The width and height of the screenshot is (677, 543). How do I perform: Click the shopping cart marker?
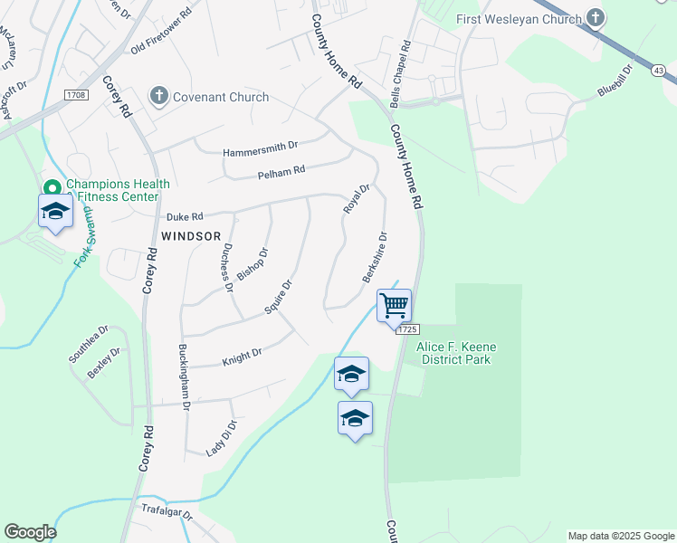[395, 306]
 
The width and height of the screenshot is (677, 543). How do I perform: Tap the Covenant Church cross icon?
[158, 96]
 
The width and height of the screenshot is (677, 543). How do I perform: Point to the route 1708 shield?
[75, 94]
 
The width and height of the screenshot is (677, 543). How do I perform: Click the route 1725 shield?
[408, 331]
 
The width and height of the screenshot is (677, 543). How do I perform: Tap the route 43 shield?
[658, 69]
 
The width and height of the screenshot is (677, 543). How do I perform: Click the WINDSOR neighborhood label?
[191, 235]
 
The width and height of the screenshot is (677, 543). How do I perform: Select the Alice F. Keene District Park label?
[456, 353]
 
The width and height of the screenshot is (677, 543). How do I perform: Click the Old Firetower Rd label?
[162, 33]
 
